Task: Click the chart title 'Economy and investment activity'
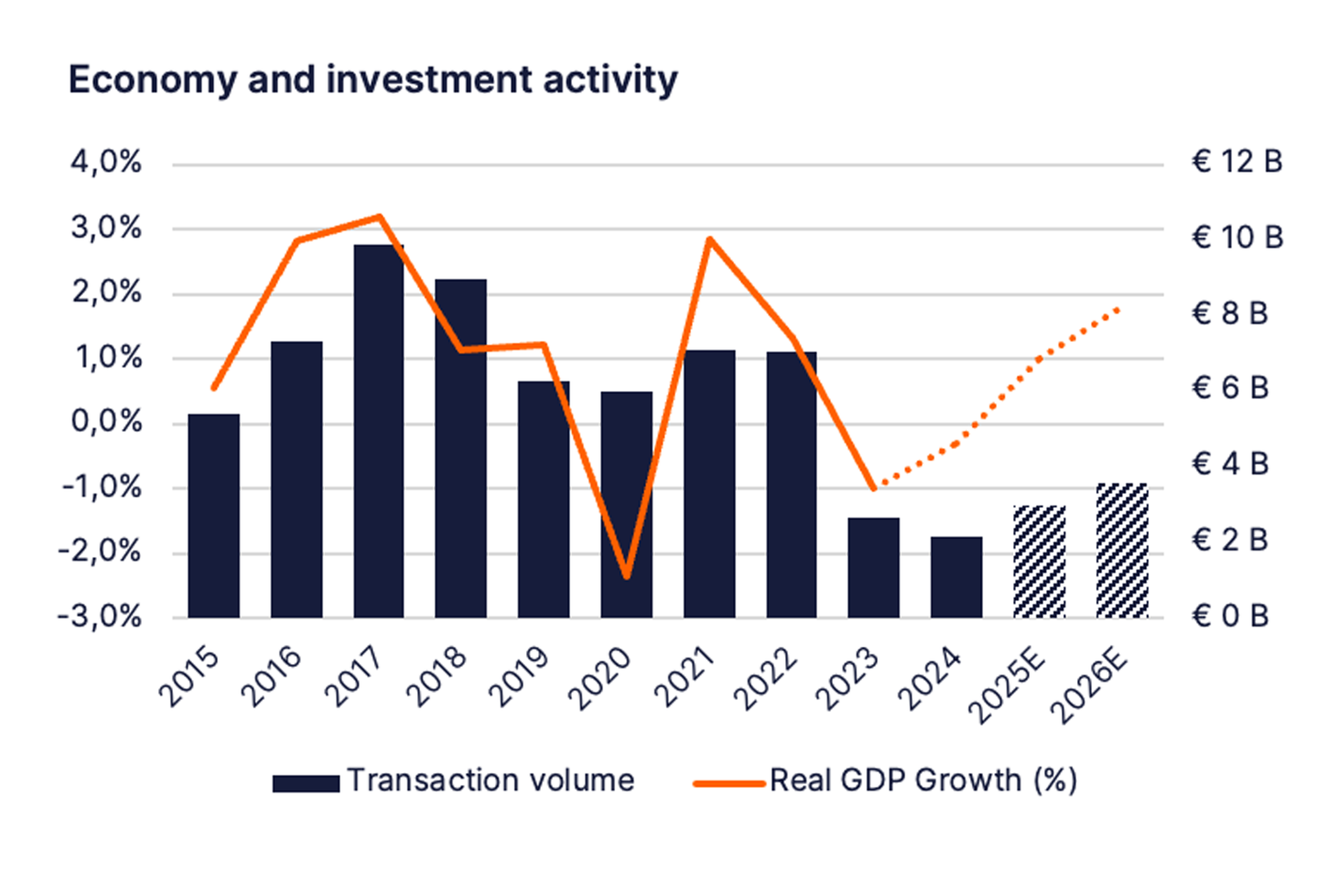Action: (x=372, y=80)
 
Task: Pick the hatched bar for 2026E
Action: (x=1122, y=551)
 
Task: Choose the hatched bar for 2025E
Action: (x=1039, y=562)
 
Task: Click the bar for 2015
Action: (x=214, y=516)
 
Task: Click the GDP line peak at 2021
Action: (x=710, y=239)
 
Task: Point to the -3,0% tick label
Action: (x=100, y=617)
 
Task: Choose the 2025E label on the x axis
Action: (x=1007, y=687)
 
